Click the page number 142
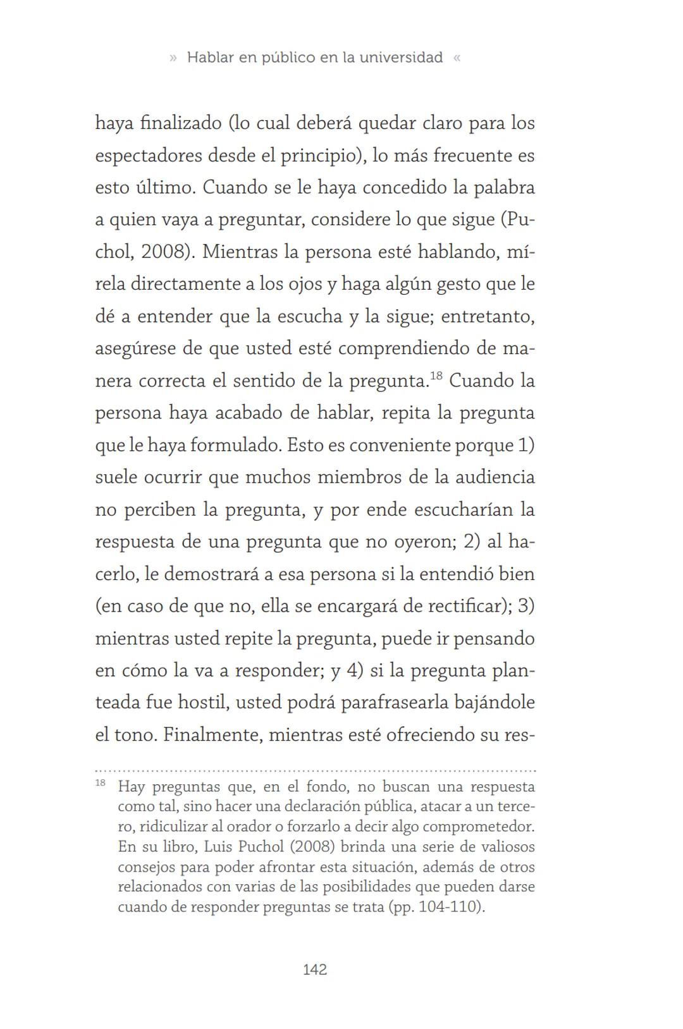point(315,970)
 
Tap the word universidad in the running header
point(401,58)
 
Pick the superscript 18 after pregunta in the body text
point(436,376)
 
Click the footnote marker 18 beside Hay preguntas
point(101,784)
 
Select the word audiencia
point(496,477)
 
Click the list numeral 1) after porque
point(526,445)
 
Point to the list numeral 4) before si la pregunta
point(355,670)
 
